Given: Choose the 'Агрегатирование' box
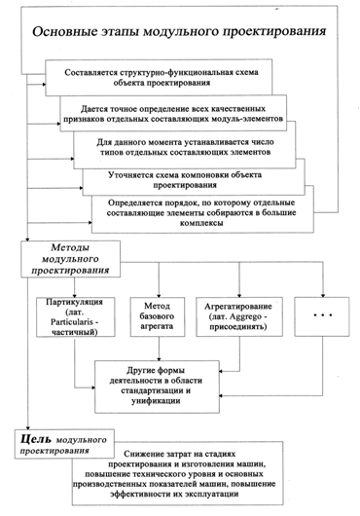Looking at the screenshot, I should (x=237, y=316).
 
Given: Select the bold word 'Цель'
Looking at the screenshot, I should (x=37, y=441).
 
